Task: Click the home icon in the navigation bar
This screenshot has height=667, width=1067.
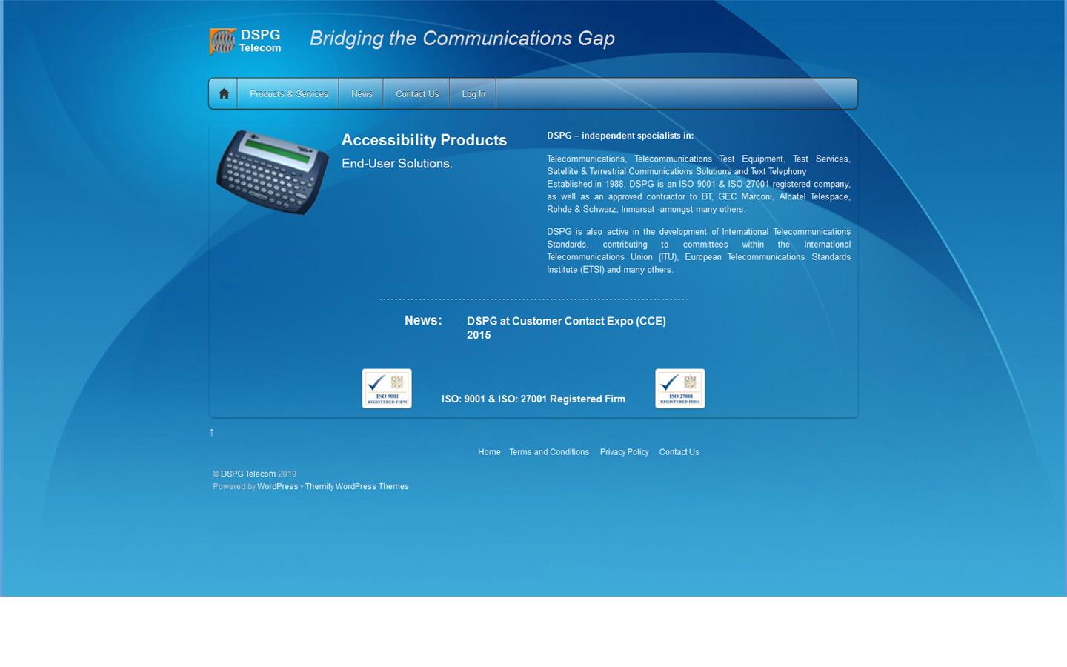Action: pyautogui.click(x=224, y=94)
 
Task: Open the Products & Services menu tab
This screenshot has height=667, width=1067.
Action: pyautogui.click(x=288, y=94)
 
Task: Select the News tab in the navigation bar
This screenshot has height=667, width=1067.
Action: pyautogui.click(x=362, y=94)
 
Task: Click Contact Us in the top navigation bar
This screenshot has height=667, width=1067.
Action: pyautogui.click(x=417, y=94)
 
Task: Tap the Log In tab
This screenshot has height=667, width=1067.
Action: pyautogui.click(x=473, y=94)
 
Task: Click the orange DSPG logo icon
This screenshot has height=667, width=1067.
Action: pyautogui.click(x=222, y=41)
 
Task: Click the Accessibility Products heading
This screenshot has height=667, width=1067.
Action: pyautogui.click(x=424, y=140)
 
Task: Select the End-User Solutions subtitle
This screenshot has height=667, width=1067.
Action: pyautogui.click(x=396, y=164)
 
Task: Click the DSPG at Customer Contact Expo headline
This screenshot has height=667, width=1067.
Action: pyautogui.click(x=566, y=328)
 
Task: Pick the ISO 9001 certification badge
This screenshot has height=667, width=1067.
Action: pyautogui.click(x=387, y=388)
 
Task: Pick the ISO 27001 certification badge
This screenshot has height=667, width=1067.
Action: pyautogui.click(x=680, y=388)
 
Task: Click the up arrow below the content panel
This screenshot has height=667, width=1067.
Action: pyautogui.click(x=212, y=432)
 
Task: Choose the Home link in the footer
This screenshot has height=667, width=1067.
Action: pyautogui.click(x=489, y=452)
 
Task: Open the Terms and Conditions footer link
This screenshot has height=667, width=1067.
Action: pyautogui.click(x=549, y=452)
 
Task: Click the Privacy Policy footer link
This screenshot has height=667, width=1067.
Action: pyautogui.click(x=624, y=452)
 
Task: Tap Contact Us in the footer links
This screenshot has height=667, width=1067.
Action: pyautogui.click(x=679, y=452)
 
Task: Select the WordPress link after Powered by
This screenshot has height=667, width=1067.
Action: pyautogui.click(x=278, y=487)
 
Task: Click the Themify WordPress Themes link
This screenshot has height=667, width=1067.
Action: pyautogui.click(x=357, y=487)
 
